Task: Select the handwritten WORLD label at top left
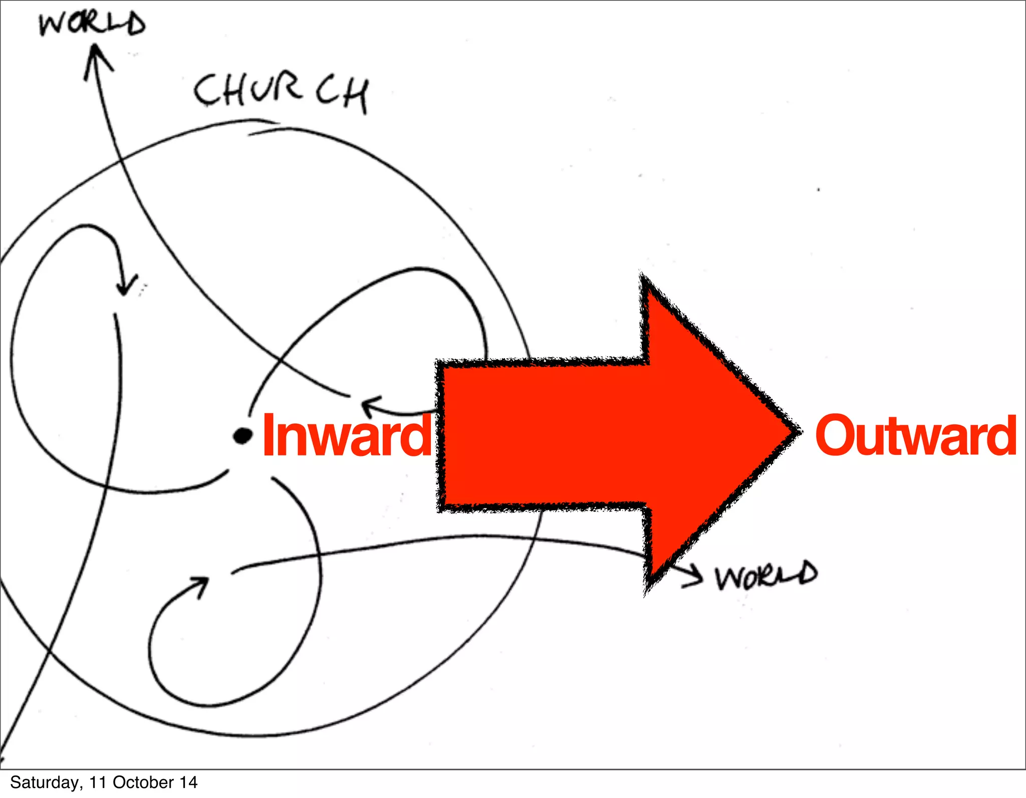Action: click(92, 24)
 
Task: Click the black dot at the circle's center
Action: click(243, 436)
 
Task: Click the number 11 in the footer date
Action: click(97, 782)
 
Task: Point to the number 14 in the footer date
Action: click(189, 782)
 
